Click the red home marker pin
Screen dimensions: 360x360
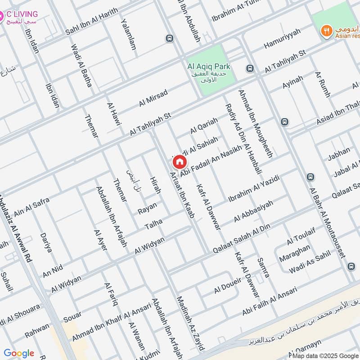(179, 162)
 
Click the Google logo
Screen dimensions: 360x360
(19, 353)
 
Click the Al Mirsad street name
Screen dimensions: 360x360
(153, 98)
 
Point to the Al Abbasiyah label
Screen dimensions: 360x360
(254, 211)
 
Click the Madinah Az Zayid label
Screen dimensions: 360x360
(191, 323)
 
